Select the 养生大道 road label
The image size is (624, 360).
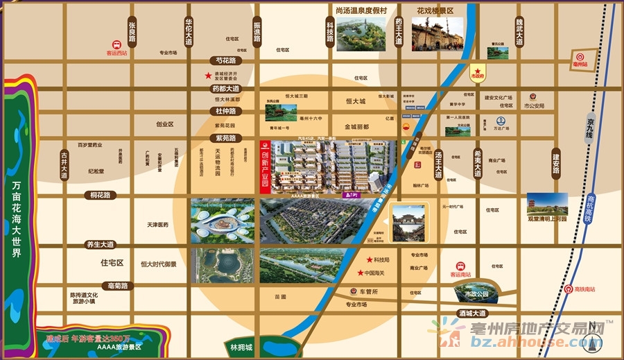click(x=98, y=244)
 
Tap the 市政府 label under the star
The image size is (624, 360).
click(x=478, y=75)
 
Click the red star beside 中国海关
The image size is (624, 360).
click(x=360, y=272)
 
